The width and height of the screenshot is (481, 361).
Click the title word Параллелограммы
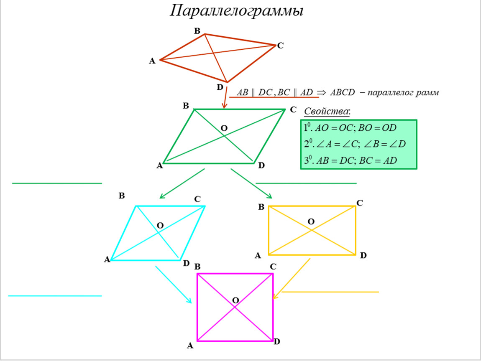click(236, 11)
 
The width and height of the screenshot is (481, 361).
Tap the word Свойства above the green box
click(326, 112)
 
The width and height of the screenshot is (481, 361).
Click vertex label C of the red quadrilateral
click(280, 46)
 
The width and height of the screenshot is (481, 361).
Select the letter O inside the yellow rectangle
click(311, 221)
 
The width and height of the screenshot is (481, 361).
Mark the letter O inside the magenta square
click(235, 300)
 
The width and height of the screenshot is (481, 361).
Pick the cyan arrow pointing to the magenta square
click(174, 285)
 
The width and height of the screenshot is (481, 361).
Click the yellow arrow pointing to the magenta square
click(292, 278)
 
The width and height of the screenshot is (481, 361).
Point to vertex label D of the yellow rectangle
click(363, 255)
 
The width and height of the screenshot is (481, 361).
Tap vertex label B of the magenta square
click(197, 266)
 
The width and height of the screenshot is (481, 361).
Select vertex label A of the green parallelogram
click(159, 166)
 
